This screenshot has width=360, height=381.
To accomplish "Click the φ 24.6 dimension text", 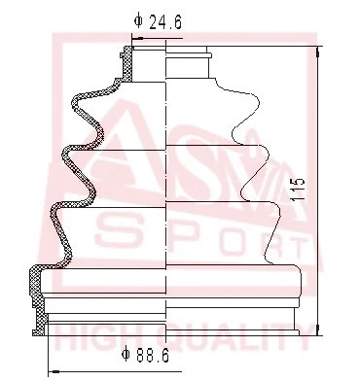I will (159, 17).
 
